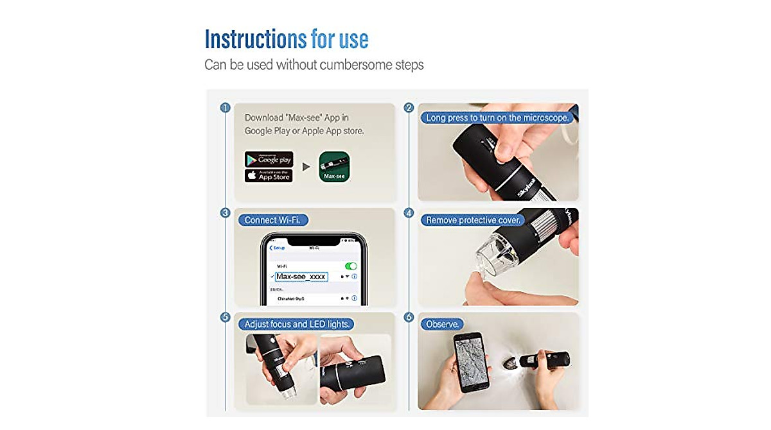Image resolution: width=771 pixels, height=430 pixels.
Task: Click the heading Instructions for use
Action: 286,39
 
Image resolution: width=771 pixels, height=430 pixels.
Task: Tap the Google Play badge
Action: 269,160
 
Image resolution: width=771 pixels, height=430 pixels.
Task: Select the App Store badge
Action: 269,175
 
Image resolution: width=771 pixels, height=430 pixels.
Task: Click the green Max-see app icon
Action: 335,167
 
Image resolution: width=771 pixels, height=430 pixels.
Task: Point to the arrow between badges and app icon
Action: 306,167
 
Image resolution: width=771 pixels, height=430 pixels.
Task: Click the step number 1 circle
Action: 225,108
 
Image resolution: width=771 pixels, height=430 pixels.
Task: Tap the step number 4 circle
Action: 409,212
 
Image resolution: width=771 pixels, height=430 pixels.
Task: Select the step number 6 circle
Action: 409,317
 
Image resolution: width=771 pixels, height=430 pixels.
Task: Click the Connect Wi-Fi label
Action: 272,220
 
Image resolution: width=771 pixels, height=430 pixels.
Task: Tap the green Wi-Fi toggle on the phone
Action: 351,266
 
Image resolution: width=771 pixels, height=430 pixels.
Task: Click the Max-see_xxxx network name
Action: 301,277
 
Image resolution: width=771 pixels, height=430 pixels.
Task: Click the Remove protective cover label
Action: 473,220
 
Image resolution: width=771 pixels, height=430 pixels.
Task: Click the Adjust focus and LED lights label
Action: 297,325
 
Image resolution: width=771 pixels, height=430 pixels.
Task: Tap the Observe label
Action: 443,325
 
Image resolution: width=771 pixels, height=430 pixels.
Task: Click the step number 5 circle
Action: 225,317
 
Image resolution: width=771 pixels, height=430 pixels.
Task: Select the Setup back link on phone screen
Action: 278,248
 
